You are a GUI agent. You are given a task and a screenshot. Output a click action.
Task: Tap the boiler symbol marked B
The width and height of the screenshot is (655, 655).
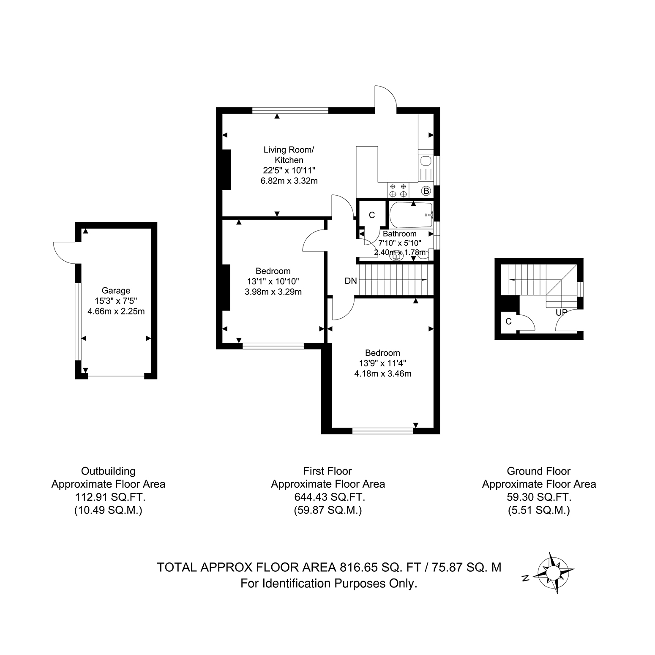point(426,191)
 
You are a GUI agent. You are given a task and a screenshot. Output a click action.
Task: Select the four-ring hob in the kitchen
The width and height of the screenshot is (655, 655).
point(398,190)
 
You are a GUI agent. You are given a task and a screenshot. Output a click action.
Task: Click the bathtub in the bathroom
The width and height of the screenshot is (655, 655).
point(411,215)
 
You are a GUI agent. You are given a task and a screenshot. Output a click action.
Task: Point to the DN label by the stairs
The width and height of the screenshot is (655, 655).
point(351,281)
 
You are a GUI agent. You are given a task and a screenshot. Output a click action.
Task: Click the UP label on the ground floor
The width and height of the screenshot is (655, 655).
point(562,313)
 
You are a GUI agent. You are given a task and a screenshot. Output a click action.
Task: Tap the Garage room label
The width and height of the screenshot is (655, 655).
point(116,291)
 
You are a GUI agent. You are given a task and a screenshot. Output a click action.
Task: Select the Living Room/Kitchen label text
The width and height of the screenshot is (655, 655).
point(289,155)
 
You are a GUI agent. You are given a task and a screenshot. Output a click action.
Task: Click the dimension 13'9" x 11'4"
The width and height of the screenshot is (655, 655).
point(382,363)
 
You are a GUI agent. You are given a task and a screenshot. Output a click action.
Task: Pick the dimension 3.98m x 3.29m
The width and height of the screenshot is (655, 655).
point(273,292)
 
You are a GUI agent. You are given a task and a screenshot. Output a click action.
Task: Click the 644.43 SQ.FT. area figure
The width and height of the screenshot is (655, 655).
point(327,497)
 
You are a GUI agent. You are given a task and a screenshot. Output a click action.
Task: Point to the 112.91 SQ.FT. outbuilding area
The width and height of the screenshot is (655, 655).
point(108,497)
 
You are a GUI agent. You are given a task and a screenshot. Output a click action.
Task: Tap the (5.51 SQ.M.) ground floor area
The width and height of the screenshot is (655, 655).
point(539,510)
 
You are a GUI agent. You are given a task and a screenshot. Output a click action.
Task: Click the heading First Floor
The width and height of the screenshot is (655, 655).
point(327,471)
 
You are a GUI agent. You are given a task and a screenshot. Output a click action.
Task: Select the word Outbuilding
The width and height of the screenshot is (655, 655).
point(108,471)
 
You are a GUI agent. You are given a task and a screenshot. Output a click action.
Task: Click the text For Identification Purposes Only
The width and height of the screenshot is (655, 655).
point(329,584)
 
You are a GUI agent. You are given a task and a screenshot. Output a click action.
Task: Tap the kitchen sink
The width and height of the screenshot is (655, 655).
point(426,161)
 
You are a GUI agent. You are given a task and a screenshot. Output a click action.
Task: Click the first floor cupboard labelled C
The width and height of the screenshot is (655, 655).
point(372,216)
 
